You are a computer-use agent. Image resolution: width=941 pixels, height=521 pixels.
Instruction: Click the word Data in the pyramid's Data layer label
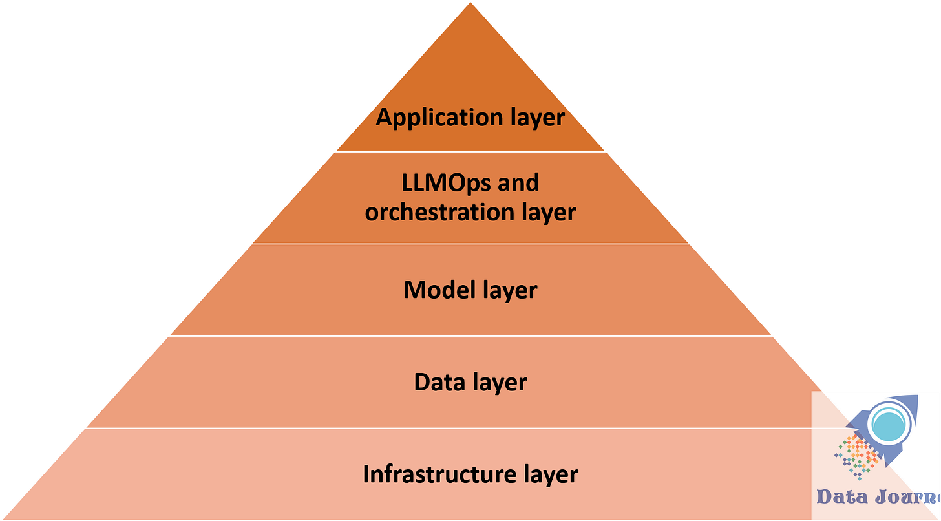pos(440,382)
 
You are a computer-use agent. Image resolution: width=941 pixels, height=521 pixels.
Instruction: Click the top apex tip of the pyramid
pos(470,3)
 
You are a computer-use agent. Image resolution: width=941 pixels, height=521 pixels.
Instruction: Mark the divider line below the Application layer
pos(470,152)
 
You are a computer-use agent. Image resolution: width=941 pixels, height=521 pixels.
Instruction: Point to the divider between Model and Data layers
pos(470,336)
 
